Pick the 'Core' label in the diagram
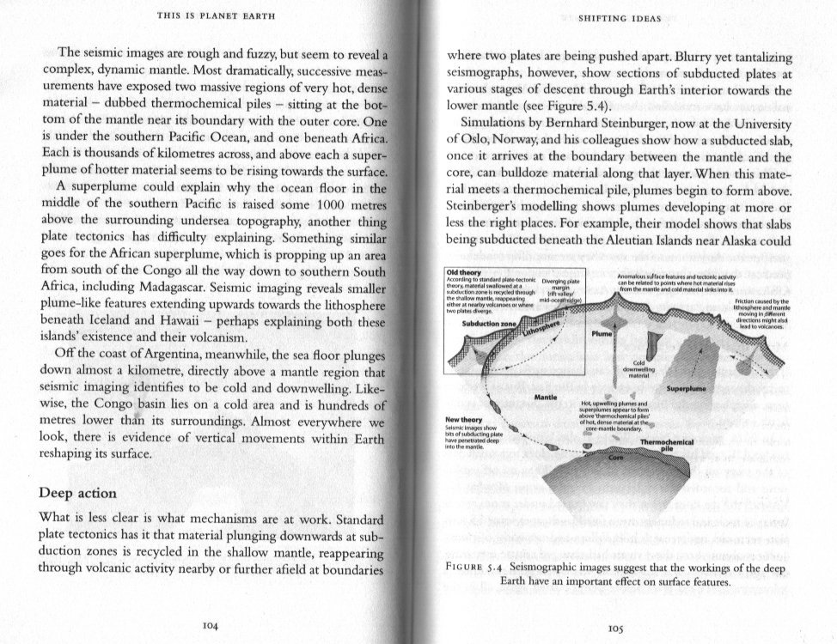(614, 459)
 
